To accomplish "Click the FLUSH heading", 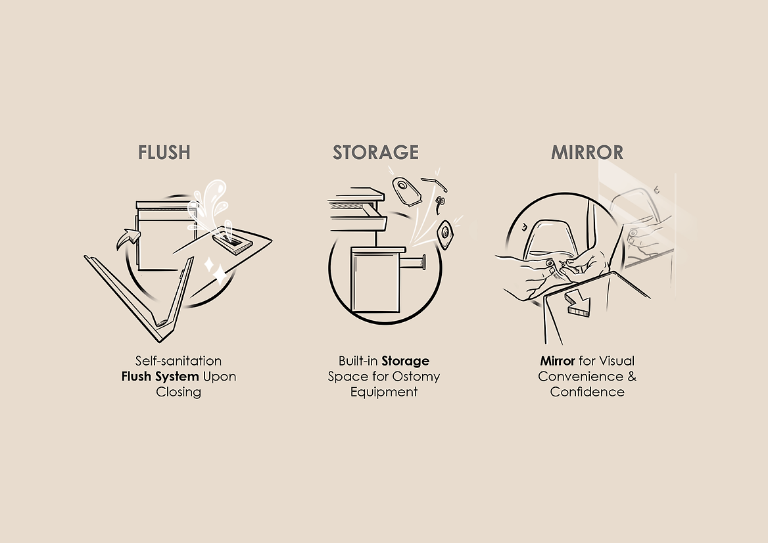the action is (164, 153).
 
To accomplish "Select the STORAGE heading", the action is (375, 153).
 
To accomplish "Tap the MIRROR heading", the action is (587, 153).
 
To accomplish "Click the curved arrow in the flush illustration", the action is (128, 239).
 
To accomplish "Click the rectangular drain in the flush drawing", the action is (233, 242).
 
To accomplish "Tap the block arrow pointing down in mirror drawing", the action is (578, 304).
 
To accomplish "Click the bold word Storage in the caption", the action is (406, 362).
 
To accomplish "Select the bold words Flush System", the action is (160, 377).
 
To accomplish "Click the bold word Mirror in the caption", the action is (558, 362).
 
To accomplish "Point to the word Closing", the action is (178, 392).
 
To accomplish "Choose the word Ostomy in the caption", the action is (416, 377).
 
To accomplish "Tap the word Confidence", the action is (587, 392).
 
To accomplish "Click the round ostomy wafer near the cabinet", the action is (444, 235).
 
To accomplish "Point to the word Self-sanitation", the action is (178, 362).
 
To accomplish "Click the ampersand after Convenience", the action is (632, 377).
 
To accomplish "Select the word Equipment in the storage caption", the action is (384, 392).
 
